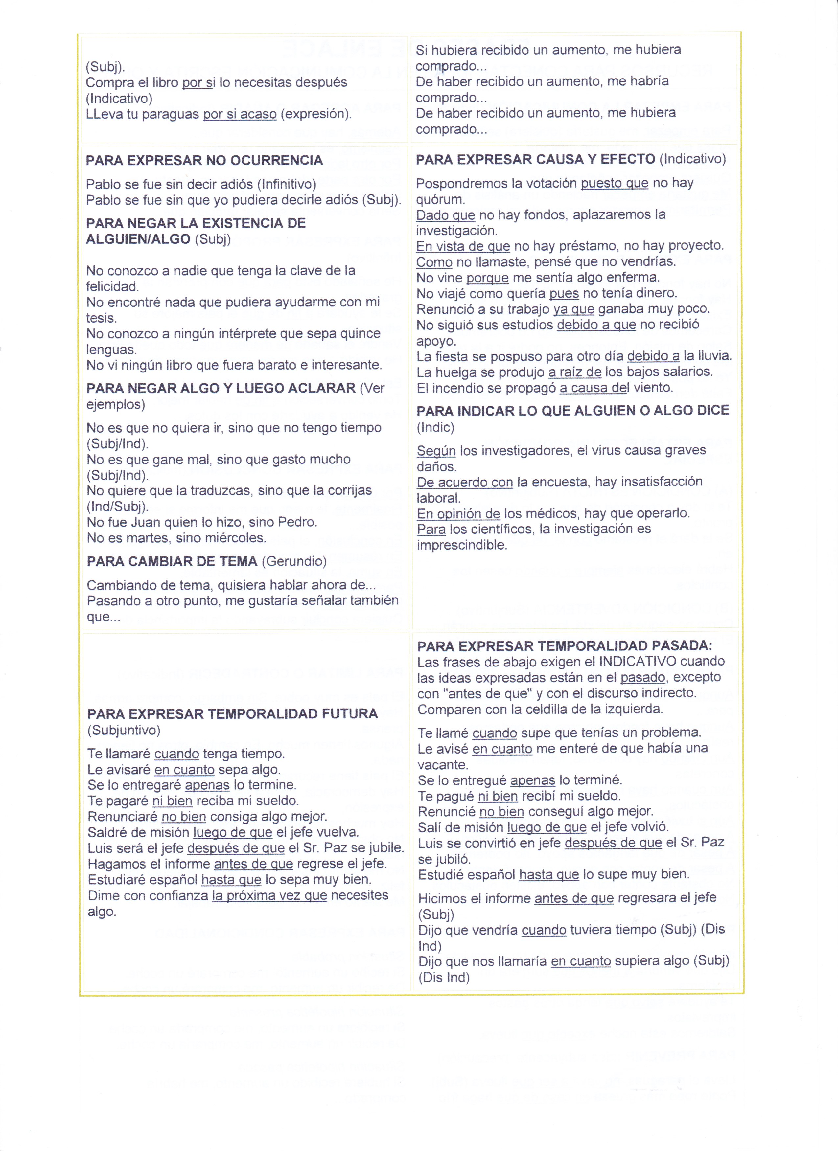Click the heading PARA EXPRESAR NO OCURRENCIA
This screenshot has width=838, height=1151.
click(x=204, y=160)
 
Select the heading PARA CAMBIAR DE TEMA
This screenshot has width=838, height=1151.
click(x=172, y=561)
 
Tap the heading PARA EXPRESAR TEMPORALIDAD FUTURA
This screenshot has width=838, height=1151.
click(x=232, y=714)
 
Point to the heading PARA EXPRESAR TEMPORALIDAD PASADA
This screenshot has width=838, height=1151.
click(x=565, y=646)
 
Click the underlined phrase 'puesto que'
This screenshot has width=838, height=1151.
click(x=614, y=183)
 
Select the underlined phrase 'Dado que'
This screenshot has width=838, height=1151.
click(x=445, y=215)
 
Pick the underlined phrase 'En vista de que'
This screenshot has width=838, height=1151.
click(x=463, y=247)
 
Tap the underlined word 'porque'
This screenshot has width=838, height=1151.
click(x=487, y=278)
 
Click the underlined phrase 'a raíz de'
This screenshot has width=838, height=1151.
click(x=574, y=372)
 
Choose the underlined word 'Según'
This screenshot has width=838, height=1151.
click(x=436, y=451)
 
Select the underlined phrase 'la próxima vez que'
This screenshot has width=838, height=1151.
click(x=269, y=896)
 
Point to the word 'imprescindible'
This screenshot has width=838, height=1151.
click(x=462, y=546)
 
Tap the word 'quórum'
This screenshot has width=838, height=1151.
click(x=440, y=199)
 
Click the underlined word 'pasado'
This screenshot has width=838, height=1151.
click(x=642, y=678)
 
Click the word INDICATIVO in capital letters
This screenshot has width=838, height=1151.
click(x=638, y=662)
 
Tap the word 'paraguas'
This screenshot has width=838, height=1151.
click(x=170, y=114)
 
